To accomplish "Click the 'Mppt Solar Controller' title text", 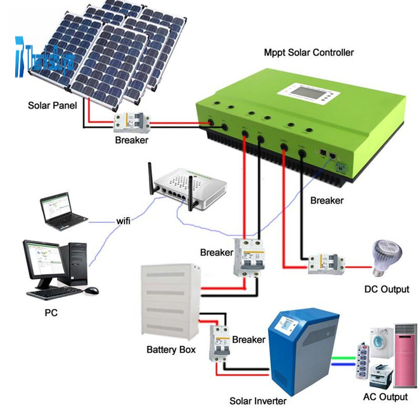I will [x=309, y=53].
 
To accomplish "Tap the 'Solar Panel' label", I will [x=52, y=105].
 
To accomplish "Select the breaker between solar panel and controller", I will [x=132, y=123].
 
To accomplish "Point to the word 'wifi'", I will [x=123, y=220].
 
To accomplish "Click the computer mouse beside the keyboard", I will [x=91, y=290].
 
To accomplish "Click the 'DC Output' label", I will [x=387, y=289].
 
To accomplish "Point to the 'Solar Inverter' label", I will [x=258, y=401].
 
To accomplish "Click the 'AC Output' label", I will [x=385, y=397].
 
